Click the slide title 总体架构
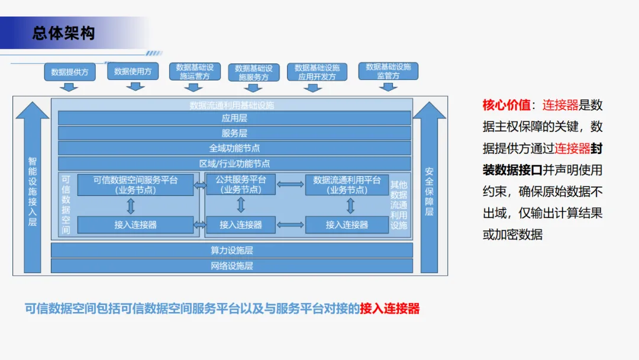(x=63, y=33)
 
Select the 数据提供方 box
(x=70, y=72)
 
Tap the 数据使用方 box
(x=133, y=71)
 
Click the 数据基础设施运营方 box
(x=195, y=72)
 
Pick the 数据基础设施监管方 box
(x=388, y=71)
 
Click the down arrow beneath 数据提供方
(x=70, y=87)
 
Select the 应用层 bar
(x=234, y=118)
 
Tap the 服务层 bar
(x=234, y=133)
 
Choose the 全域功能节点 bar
(x=234, y=148)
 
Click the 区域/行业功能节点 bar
(x=234, y=163)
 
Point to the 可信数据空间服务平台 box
(x=135, y=185)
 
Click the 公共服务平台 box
(x=241, y=185)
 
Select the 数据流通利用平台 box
(x=347, y=185)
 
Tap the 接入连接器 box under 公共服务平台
(x=241, y=225)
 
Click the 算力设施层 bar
(x=232, y=250)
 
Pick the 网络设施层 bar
(x=232, y=266)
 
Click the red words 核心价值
(x=506, y=105)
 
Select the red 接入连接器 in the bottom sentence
(x=390, y=308)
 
